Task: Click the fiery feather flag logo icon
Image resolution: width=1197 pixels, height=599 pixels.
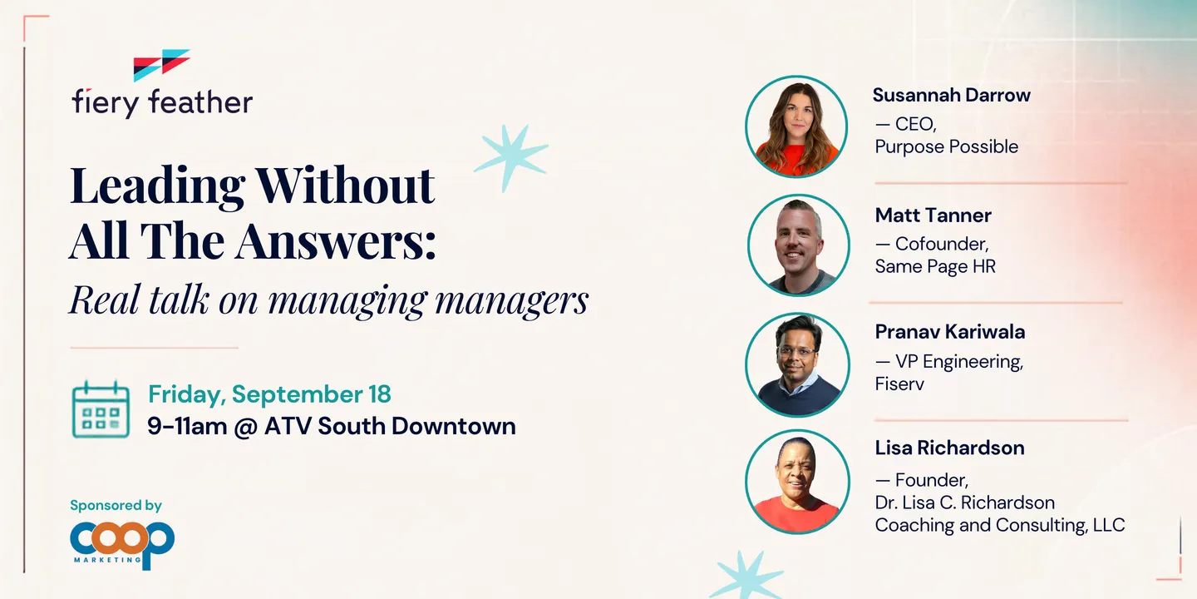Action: pyautogui.click(x=161, y=65)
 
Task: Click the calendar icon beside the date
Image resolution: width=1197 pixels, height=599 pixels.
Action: pyautogui.click(x=101, y=409)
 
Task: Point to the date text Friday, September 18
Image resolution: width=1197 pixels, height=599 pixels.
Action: pyautogui.click(x=269, y=394)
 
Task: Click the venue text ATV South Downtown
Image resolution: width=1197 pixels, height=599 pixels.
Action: pyautogui.click(x=390, y=426)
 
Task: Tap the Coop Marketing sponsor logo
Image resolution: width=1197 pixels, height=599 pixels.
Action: pyautogui.click(x=122, y=545)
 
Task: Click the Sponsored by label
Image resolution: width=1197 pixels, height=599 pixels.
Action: pyautogui.click(x=116, y=506)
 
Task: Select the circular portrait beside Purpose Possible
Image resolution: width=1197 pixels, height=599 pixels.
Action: pyautogui.click(x=796, y=126)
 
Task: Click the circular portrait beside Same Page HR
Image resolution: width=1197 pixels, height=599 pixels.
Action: pyautogui.click(x=798, y=245)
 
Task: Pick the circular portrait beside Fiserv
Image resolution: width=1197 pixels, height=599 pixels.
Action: pyautogui.click(x=797, y=364)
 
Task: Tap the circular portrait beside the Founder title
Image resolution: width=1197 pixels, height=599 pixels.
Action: pyautogui.click(x=797, y=482)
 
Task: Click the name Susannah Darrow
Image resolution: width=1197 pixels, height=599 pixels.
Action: pyautogui.click(x=951, y=95)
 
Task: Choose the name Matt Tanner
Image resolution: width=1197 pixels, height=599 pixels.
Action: pyautogui.click(x=933, y=215)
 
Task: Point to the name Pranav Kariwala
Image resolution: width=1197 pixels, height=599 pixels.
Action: pyautogui.click(x=950, y=332)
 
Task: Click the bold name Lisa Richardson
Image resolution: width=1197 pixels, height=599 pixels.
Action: pyautogui.click(x=949, y=448)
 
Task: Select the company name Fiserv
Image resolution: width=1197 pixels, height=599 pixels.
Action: pyautogui.click(x=899, y=384)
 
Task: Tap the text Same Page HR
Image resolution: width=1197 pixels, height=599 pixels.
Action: pyautogui.click(x=935, y=266)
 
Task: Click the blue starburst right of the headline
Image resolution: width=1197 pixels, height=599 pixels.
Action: pyautogui.click(x=511, y=158)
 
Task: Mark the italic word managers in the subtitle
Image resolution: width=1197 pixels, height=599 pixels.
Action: pyautogui.click(x=511, y=300)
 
